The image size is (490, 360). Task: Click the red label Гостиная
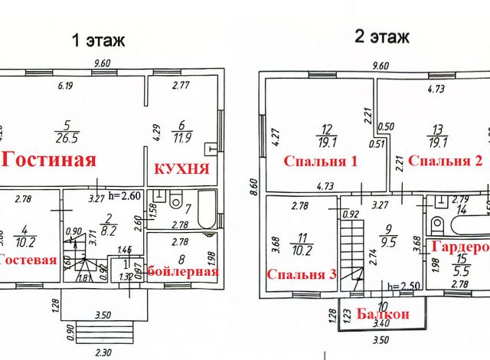click(x=50, y=160)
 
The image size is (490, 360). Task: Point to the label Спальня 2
click(x=445, y=161)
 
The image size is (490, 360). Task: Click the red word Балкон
click(x=383, y=313)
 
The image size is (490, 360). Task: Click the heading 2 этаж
click(x=380, y=36)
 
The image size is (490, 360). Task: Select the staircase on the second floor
click(x=350, y=245)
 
